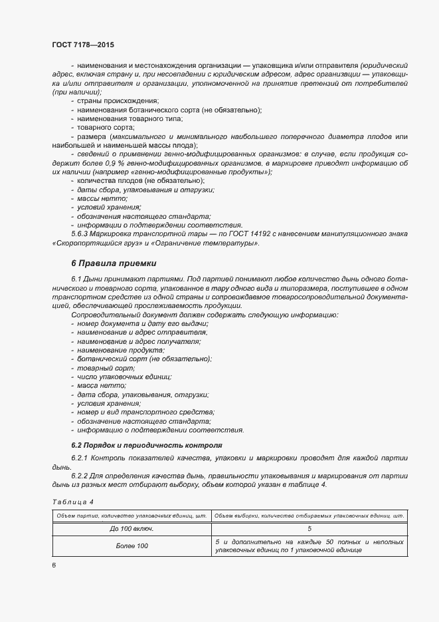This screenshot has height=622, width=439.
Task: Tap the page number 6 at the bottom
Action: coord(54,565)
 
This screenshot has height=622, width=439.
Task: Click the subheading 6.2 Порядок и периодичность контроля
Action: coord(147,444)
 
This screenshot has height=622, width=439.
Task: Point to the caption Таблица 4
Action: coord(72,501)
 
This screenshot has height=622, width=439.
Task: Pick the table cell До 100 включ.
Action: coord(132,528)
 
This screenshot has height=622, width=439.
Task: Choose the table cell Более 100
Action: coord(132,545)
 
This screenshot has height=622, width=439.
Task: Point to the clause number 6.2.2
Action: coord(80,476)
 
